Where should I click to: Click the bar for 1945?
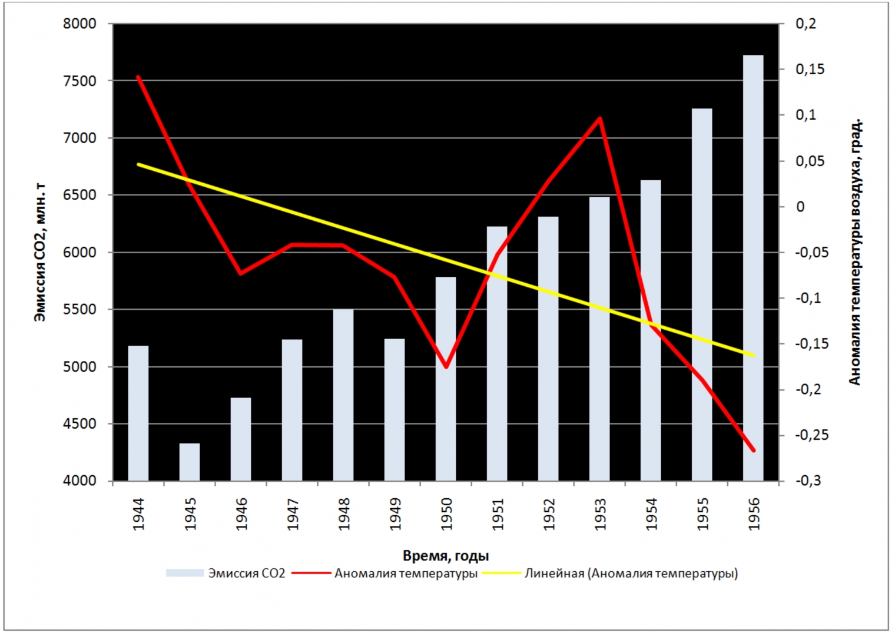tap(190, 462)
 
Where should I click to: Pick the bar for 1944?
tap(138, 413)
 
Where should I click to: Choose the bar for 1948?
tap(343, 395)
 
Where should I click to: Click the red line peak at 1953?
tap(599, 118)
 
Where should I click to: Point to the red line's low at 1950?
tap(446, 367)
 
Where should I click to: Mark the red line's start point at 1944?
tap(138, 77)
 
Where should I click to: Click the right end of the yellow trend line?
tap(753, 355)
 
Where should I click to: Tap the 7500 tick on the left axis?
tap(79, 81)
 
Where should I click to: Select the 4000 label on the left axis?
tap(79, 481)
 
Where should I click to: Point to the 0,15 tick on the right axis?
tap(810, 69)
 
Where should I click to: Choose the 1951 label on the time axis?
tap(498, 514)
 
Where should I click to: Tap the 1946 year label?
tap(241, 514)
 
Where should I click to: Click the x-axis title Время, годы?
tap(446, 555)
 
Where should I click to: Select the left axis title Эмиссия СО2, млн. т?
tap(39, 252)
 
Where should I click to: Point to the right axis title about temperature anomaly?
tap(854, 252)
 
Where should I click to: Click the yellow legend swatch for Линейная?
tap(502, 573)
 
